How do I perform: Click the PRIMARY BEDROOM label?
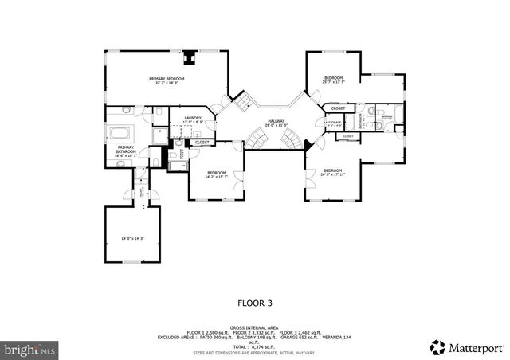(x=167, y=79)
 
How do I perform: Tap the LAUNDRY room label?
(x=192, y=119)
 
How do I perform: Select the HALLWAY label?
(x=276, y=121)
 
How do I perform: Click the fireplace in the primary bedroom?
(x=190, y=57)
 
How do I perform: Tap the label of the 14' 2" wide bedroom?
(x=217, y=173)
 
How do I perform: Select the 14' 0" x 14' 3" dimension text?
(x=132, y=238)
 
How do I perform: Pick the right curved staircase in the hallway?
(x=293, y=141)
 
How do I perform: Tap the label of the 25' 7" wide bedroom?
(x=332, y=78)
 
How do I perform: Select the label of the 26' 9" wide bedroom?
(x=332, y=170)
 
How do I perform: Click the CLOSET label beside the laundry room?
(x=202, y=142)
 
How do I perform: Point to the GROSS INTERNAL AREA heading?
(x=254, y=327)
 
